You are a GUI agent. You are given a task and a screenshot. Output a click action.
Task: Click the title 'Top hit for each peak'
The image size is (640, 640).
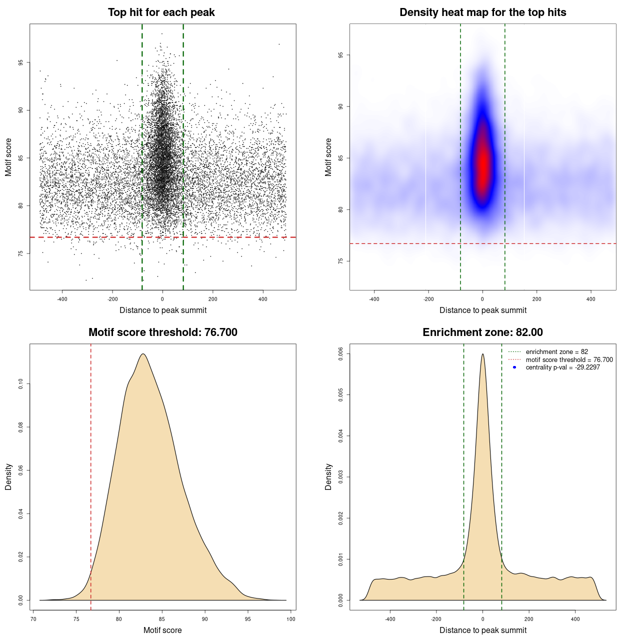coord(161,12)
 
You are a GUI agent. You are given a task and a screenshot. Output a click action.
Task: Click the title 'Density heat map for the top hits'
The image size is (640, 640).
coord(482,12)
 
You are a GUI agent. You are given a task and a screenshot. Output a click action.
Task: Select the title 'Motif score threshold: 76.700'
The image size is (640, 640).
coord(162,332)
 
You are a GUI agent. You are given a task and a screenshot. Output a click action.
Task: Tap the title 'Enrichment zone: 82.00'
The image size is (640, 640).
coord(482,332)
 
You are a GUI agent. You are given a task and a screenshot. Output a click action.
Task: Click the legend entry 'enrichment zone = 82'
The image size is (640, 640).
coord(556,352)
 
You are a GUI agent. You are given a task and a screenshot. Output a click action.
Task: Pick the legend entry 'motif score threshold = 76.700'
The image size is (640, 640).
coord(569,360)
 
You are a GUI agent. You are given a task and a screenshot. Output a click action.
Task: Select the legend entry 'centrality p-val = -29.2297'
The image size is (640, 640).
coord(562,367)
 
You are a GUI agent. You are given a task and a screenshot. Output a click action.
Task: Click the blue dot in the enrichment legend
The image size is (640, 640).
coord(514,367)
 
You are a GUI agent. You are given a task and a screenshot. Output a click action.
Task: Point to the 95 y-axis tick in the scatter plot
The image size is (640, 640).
coord(20,62)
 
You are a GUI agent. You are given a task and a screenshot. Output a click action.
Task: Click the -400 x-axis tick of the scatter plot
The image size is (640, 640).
coord(62,299)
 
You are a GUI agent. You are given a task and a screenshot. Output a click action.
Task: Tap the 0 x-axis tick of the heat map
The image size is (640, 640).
coord(482,299)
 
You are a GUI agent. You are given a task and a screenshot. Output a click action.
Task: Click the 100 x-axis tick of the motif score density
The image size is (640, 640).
coord(291,619)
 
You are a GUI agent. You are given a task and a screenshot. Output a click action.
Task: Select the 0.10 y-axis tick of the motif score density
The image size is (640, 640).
coord(20,384)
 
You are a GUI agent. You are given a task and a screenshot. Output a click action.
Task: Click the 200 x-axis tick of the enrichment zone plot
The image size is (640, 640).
coord(529,619)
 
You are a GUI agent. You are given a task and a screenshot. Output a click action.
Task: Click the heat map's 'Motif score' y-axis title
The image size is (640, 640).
coord(328,157)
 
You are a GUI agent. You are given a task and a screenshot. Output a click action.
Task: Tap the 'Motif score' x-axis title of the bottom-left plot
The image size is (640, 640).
coord(162,630)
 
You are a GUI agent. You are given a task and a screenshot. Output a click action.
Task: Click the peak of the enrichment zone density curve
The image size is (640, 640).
coord(482,354)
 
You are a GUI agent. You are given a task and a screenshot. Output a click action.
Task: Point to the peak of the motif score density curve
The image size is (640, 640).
coord(143,354)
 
